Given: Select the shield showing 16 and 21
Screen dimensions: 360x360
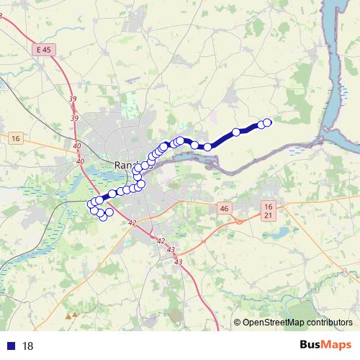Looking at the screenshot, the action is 268,210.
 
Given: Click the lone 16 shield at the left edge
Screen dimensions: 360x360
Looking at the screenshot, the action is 15,137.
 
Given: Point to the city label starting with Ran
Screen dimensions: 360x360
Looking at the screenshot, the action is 125,166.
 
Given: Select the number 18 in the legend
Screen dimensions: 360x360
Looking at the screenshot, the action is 28,346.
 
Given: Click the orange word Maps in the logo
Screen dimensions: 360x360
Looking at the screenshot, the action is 338,346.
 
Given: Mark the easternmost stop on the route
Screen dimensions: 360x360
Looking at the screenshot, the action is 268,122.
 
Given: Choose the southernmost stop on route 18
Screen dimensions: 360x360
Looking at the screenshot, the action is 103,217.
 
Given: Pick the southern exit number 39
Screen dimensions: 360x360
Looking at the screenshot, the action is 74,118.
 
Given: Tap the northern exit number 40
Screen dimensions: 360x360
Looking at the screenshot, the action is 77,145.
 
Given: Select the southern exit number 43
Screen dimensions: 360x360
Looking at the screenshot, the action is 177,261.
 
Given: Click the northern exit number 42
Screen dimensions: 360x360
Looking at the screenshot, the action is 132,224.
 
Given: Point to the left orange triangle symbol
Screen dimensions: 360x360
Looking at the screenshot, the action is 68,315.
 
